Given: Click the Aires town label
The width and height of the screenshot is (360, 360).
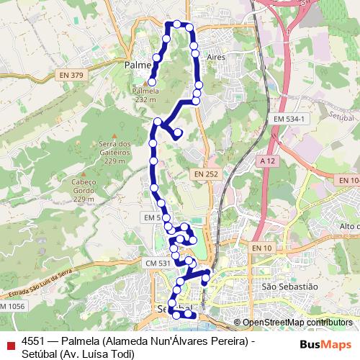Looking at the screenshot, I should pyautogui.click(x=215, y=55).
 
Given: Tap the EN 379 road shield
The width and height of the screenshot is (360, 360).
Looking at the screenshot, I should pyautogui.click(x=73, y=74).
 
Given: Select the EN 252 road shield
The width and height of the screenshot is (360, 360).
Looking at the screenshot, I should pyautogui.click(x=205, y=174).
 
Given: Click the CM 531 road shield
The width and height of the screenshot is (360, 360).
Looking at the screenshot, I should pyautogui.click(x=158, y=264).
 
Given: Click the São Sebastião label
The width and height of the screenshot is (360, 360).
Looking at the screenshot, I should pyautogui.click(x=289, y=287).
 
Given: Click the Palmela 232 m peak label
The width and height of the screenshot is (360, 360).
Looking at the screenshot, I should pyautogui.click(x=145, y=96).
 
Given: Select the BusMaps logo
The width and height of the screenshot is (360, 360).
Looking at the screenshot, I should pyautogui.click(x=325, y=343).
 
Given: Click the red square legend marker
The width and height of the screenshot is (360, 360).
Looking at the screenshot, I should pyautogui.click(x=9, y=344).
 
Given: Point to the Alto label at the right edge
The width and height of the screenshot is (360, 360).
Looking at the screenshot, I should pyautogui.click(x=348, y=227).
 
